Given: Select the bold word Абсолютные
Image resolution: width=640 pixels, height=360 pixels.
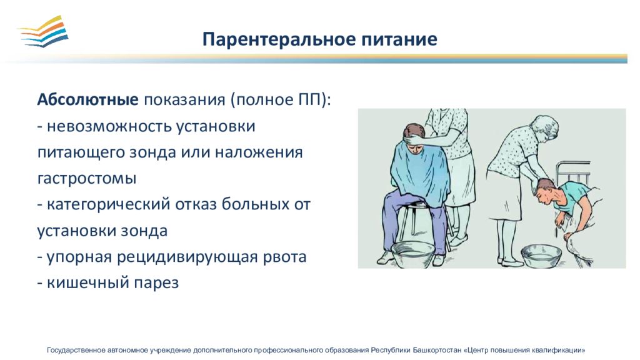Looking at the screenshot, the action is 87,99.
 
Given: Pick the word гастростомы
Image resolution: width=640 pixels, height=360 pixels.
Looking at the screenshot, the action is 86,179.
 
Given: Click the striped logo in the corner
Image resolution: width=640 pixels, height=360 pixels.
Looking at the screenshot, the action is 43,31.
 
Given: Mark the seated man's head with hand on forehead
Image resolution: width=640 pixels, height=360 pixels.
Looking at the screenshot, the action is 415,138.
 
